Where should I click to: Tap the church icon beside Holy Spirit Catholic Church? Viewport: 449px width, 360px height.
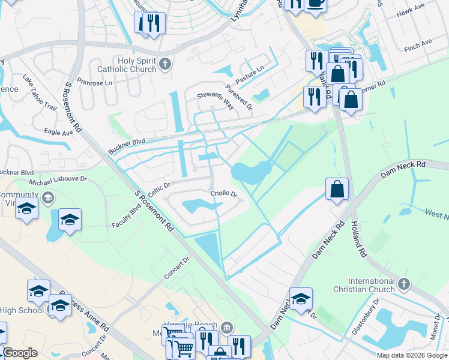(166, 64)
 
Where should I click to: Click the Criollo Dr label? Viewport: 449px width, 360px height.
(224, 194)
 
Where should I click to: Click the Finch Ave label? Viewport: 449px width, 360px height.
(418, 44)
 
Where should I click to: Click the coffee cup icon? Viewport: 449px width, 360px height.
(315, 3)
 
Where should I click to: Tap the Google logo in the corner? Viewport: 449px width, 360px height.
(20, 353)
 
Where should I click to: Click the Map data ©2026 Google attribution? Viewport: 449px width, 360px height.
(411, 355)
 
